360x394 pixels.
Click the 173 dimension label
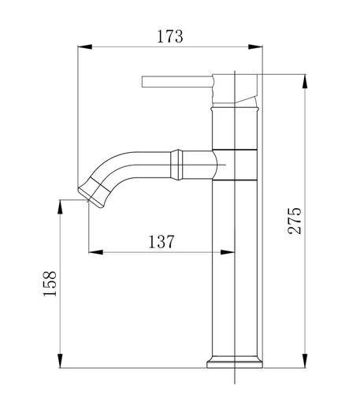(170, 36)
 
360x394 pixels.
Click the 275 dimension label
(295, 221)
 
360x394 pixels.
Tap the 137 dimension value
(161, 242)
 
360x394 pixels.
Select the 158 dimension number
(50, 284)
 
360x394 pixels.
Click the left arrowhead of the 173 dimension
(85, 46)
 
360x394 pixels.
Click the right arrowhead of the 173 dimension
(255, 46)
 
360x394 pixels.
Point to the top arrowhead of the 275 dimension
(305, 81)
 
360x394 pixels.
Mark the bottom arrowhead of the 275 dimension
(305, 361)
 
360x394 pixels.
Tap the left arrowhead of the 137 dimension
(96, 252)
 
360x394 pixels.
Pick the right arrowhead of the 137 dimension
(227, 252)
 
